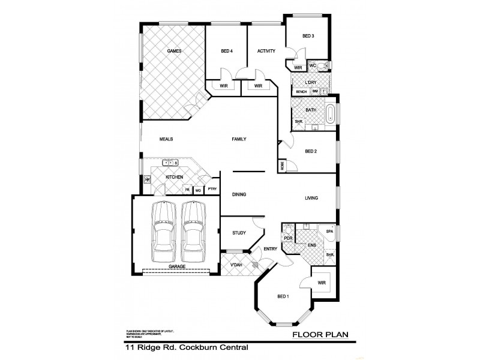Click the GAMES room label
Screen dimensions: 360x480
(174, 51)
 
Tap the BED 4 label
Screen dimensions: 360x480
(227, 51)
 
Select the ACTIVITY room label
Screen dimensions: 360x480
(266, 51)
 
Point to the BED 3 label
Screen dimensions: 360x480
(308, 37)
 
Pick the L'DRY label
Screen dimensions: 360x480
(310, 82)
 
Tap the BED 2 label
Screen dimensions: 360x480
(311, 151)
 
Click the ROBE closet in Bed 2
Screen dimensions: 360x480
(281, 166)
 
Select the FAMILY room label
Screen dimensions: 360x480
(239, 139)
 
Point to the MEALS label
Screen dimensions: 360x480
(166, 139)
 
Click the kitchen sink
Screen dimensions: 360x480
(172, 162)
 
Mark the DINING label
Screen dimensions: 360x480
(239, 194)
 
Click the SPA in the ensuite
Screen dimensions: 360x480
(329, 232)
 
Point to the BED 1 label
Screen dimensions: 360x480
(283, 297)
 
